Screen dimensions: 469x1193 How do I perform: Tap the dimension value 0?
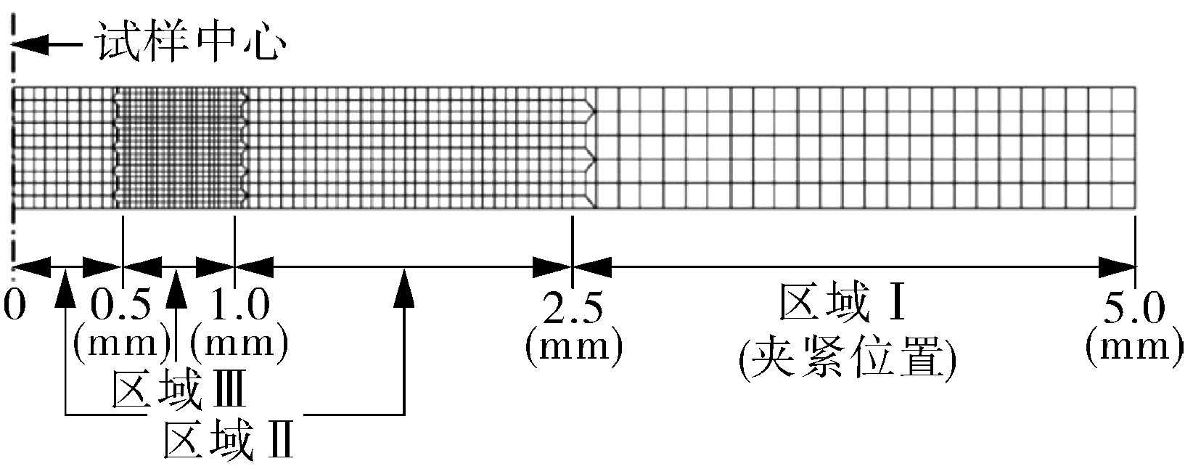[x=15, y=306]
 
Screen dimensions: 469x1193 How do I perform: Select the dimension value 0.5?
[x=123, y=306]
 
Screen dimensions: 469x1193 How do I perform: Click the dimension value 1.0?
[x=238, y=306]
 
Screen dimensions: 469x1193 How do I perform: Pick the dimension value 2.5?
[x=573, y=309]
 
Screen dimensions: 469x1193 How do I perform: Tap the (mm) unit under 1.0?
[x=239, y=340]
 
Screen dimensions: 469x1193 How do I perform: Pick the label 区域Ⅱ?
[x=229, y=441]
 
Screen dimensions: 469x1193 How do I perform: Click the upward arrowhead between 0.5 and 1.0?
[x=176, y=283]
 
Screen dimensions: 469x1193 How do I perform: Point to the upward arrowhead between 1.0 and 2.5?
[x=404, y=283]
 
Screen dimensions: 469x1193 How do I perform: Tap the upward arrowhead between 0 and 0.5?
[x=66, y=283]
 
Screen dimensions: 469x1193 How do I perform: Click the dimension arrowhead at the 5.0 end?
[x=1118, y=267]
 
